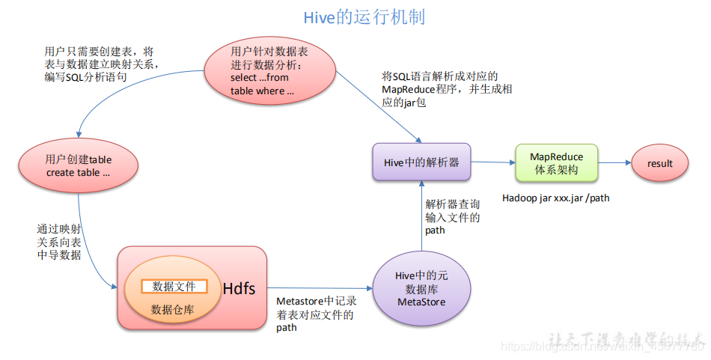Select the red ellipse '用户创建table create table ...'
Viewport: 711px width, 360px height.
[x=78, y=165]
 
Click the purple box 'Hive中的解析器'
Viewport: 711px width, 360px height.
[x=421, y=162]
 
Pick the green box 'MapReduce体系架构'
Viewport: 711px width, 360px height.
[x=556, y=163]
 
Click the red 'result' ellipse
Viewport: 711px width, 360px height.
[x=660, y=163]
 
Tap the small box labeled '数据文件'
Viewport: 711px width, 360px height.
[x=174, y=287]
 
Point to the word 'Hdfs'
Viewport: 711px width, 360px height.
[x=240, y=288]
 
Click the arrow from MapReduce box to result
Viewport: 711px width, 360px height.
[x=614, y=162]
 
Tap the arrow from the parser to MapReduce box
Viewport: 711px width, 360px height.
[x=493, y=162]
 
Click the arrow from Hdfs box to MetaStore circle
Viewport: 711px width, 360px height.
[x=320, y=288]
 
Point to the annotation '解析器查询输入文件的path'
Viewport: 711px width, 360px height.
[x=452, y=216]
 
